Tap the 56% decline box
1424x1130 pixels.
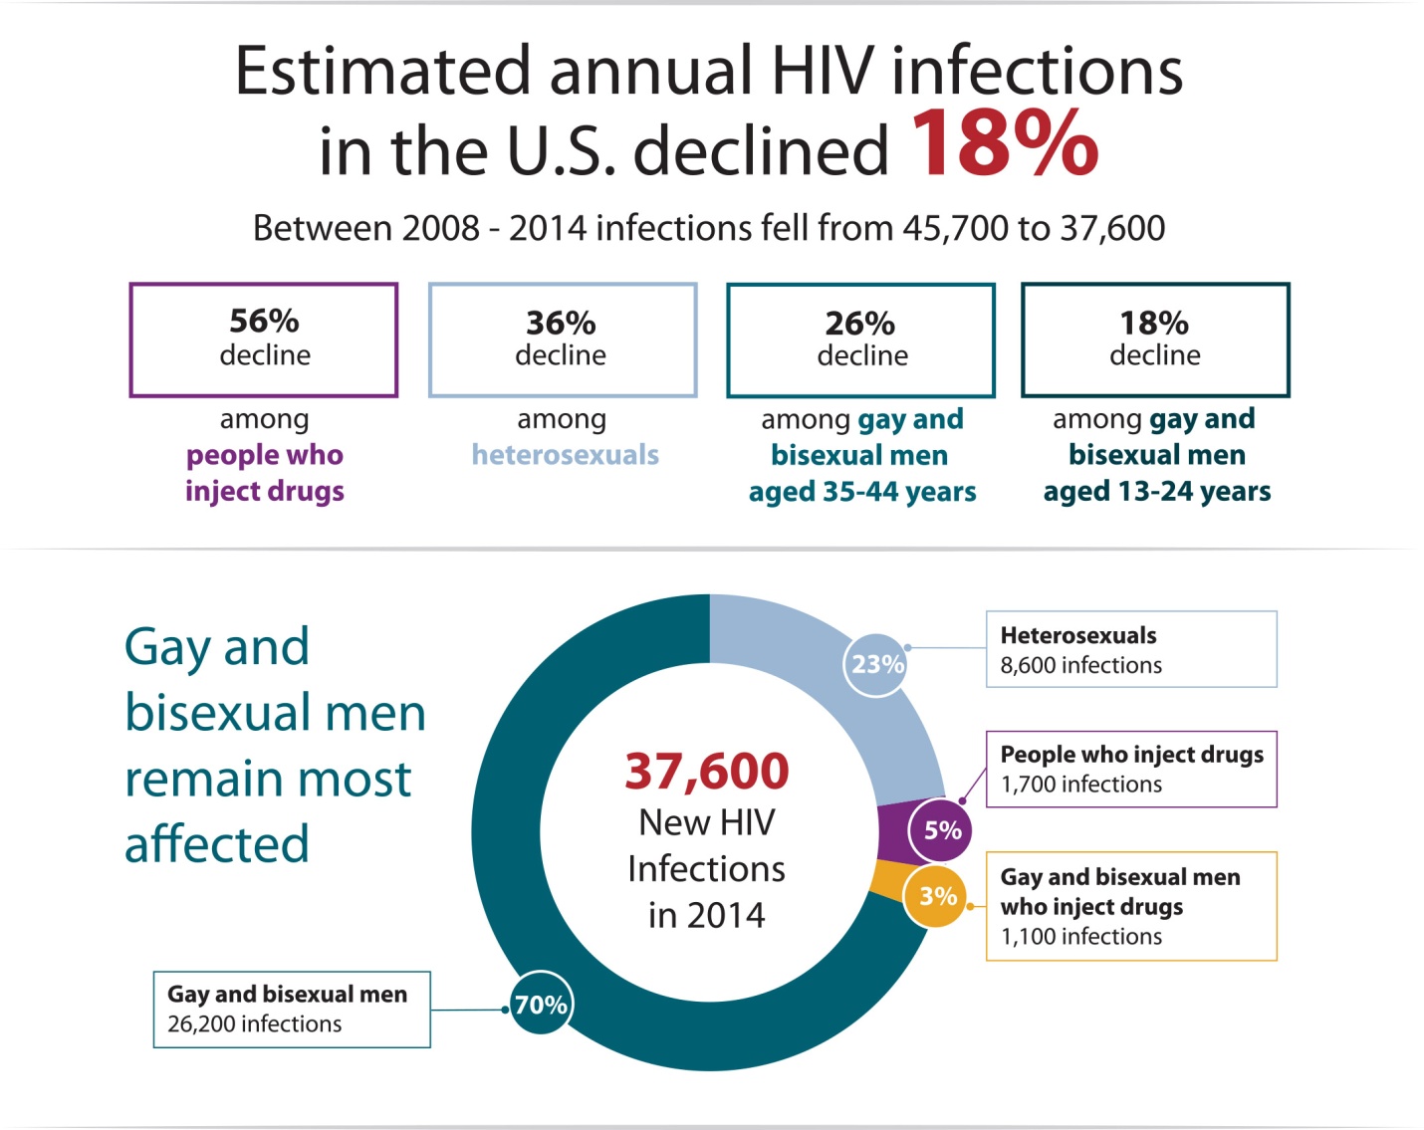[x=264, y=339]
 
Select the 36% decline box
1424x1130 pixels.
[x=562, y=339]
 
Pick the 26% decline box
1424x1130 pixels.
[x=860, y=339]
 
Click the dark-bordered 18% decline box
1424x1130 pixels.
[x=1155, y=339]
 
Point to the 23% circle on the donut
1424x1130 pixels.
[x=876, y=664]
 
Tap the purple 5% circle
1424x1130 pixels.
[x=941, y=830]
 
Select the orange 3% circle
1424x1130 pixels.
[x=937, y=896]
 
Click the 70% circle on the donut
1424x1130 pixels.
[x=541, y=1005]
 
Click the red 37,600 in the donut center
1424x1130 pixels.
[x=707, y=772]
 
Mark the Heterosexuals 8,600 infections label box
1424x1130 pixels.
[x=1131, y=649]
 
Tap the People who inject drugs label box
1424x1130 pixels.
[x=1131, y=769]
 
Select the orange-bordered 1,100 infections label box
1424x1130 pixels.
[x=1131, y=906]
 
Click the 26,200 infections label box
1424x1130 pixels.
[x=292, y=1009]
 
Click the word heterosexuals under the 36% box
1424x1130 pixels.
[x=566, y=455]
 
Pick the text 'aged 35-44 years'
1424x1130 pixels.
[x=862, y=492]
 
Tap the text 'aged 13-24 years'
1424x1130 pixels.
[x=1157, y=492]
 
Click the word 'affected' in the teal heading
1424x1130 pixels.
[x=217, y=844]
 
